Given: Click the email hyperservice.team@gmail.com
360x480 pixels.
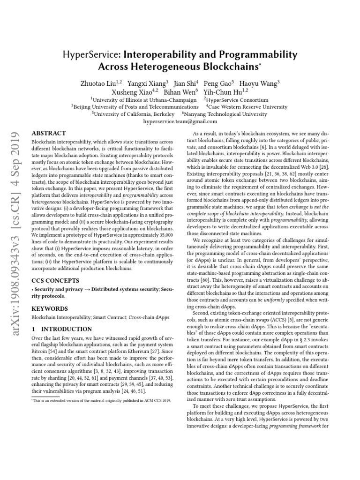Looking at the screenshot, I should [x=180, y=120].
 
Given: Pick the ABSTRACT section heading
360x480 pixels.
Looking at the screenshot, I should [x=48, y=133].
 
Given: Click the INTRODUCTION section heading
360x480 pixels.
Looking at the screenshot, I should [x=61, y=329].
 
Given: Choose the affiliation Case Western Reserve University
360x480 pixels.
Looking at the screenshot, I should [x=250, y=106].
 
